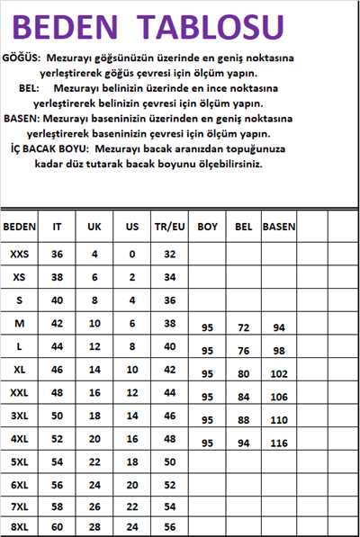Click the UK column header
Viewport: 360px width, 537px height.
pyautogui.click(x=94, y=228)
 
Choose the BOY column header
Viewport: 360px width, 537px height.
pyautogui.click(x=208, y=228)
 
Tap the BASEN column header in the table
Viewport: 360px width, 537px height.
pyautogui.click(x=278, y=228)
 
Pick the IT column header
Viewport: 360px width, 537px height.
pyautogui.click(x=57, y=228)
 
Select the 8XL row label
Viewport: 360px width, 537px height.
pyautogui.click(x=19, y=526)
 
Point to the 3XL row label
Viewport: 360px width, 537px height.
pyautogui.click(x=19, y=416)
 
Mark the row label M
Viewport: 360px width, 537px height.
pyautogui.click(x=19, y=322)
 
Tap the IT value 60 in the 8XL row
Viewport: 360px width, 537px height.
pyautogui.click(x=57, y=526)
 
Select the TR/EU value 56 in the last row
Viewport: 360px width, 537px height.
pyautogui.click(x=169, y=526)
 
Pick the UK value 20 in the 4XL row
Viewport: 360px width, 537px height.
pyautogui.click(x=94, y=438)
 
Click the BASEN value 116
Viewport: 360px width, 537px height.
pyautogui.click(x=278, y=444)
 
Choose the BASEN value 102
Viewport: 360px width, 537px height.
pyautogui.click(x=278, y=374)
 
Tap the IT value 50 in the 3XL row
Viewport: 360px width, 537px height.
pyautogui.click(x=57, y=416)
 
